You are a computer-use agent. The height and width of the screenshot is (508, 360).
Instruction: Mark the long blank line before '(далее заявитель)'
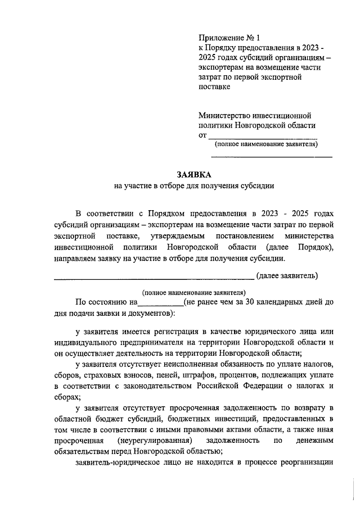tap(154, 276)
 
